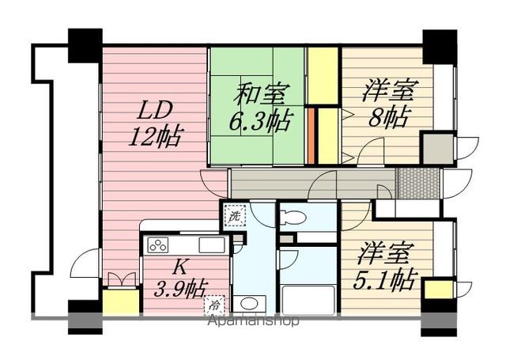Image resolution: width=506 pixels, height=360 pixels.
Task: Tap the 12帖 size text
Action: tap(157, 137)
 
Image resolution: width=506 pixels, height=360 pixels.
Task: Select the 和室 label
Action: tap(261, 94)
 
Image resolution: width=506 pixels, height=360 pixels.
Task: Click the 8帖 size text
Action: tap(390, 116)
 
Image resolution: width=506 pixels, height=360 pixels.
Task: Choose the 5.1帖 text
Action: tap(383, 279)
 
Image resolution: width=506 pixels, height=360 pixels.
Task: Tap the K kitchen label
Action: tap(180, 267)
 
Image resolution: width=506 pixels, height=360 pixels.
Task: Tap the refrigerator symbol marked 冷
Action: tap(214, 305)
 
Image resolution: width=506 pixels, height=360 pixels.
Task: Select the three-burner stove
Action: tap(158, 244)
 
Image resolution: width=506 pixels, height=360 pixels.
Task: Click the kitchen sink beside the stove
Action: tap(212, 244)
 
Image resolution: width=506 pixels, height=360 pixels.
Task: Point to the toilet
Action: tap(293, 217)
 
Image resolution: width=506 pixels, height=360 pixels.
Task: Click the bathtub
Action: tap(308, 300)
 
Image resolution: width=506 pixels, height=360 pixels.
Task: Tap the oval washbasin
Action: tap(249, 304)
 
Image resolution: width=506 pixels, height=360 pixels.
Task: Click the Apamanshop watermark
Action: tap(254, 320)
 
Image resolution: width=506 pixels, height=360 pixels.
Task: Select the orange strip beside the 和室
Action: tap(311, 136)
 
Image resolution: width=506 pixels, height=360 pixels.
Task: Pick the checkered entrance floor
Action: tap(419, 183)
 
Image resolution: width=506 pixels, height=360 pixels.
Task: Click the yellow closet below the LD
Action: tap(121, 302)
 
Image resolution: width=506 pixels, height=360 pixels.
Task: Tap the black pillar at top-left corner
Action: tap(85, 46)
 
